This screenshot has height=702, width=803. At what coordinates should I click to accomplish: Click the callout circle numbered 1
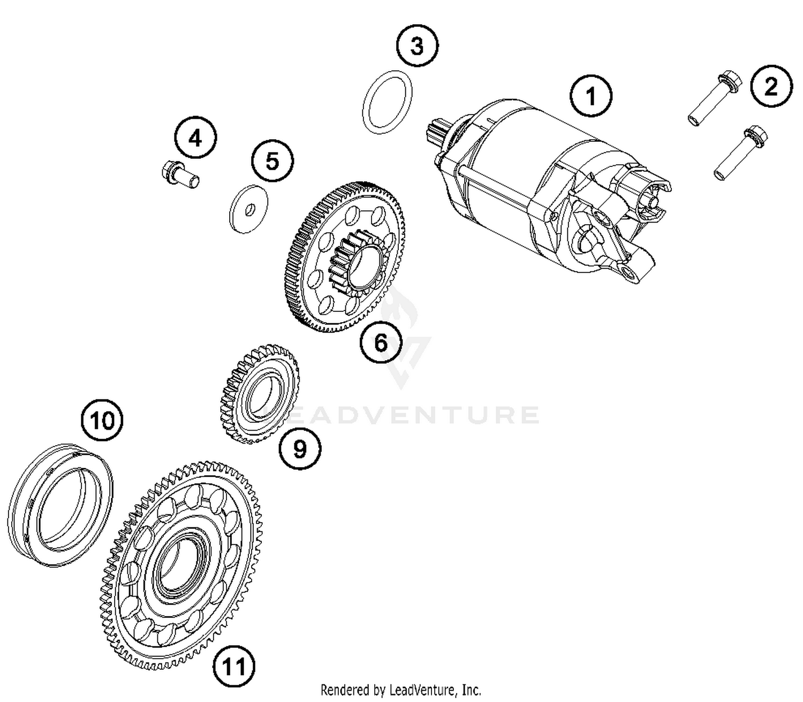590,97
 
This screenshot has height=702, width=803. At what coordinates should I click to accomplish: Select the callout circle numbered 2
770,86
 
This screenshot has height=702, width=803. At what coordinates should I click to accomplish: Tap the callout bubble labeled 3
417,45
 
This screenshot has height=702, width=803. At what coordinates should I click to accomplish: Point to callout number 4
195,138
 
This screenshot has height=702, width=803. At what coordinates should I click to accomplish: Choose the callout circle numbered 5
272,161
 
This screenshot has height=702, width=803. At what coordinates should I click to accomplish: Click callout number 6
381,342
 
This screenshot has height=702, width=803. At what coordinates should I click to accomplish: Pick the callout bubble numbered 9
300,449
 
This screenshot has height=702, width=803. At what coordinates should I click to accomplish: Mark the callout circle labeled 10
102,421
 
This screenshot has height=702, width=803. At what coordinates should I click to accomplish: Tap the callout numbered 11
234,666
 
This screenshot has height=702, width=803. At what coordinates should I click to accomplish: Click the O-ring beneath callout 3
388,102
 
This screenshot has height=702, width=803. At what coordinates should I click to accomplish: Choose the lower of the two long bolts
741,152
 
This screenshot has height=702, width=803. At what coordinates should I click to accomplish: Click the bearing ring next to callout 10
60,505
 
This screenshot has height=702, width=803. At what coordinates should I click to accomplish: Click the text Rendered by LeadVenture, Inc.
400,690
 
